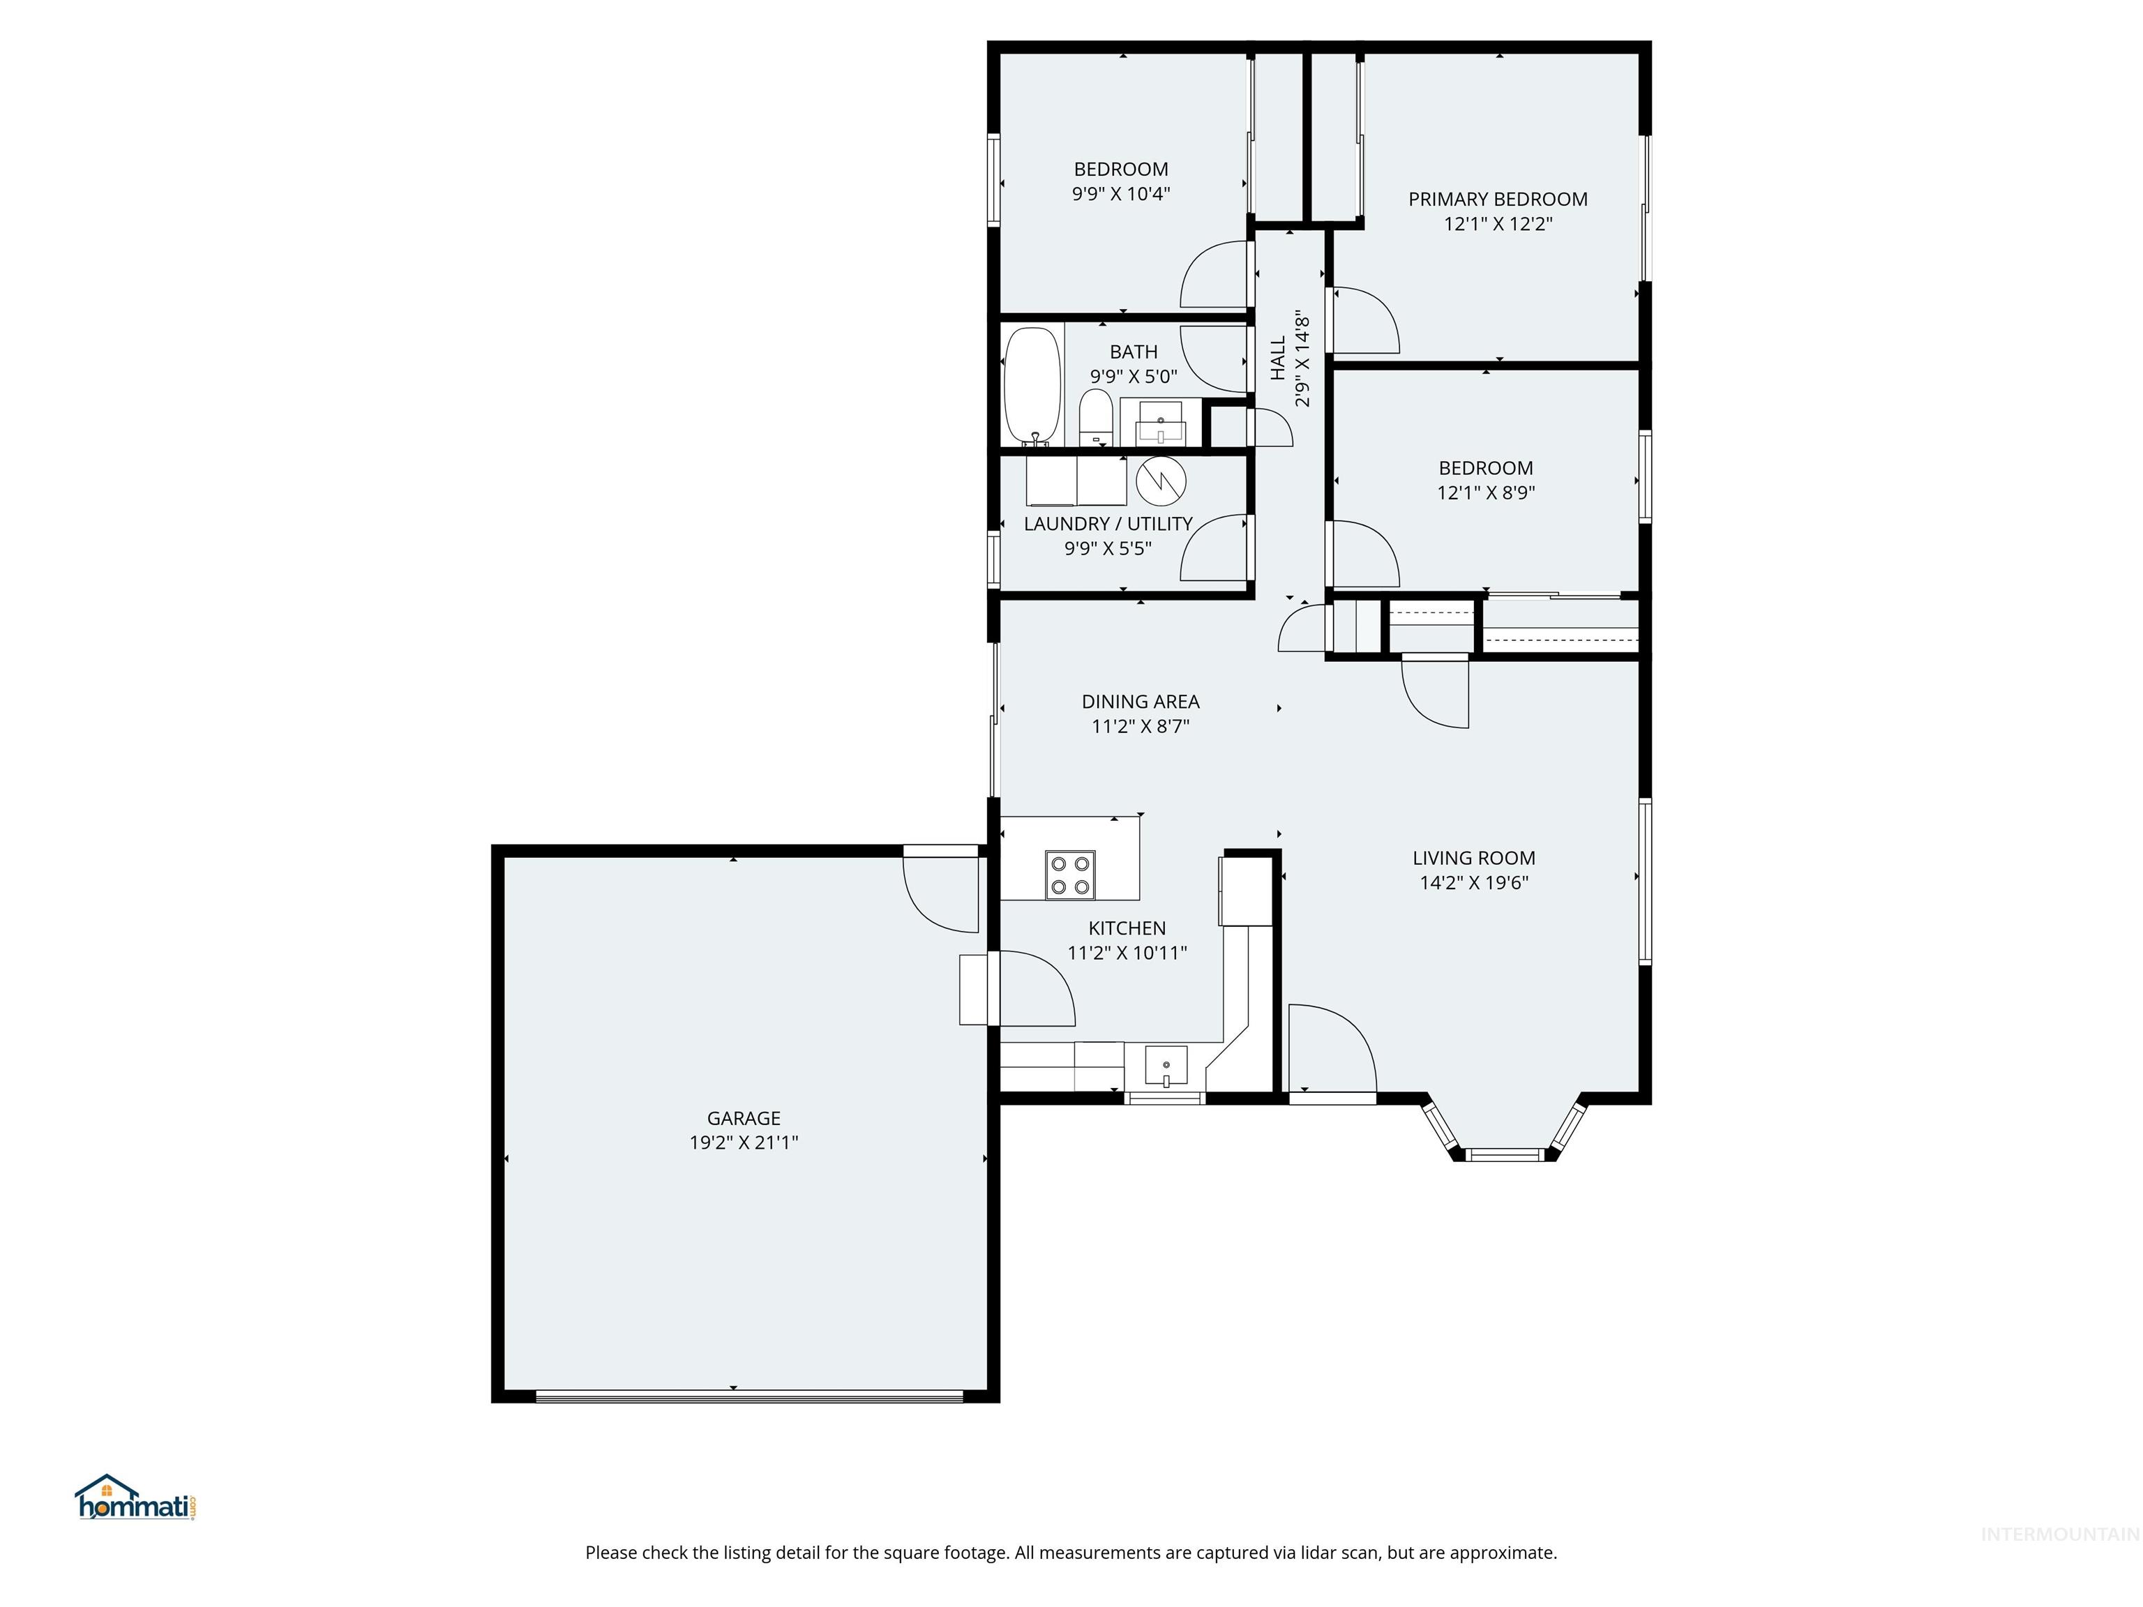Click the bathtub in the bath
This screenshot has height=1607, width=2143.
pyautogui.click(x=1032, y=386)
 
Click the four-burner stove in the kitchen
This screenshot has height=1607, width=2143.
pyautogui.click(x=1071, y=875)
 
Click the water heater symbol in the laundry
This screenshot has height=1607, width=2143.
pyautogui.click(x=1161, y=481)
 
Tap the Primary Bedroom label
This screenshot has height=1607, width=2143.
pyautogui.click(x=1498, y=199)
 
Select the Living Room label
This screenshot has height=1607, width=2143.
pyautogui.click(x=1473, y=858)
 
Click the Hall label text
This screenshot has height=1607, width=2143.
pyautogui.click(x=1278, y=359)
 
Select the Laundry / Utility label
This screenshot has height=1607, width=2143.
pyautogui.click(x=1107, y=524)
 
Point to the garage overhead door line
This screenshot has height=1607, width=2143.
pyautogui.click(x=749, y=1396)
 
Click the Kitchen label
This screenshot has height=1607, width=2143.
pyautogui.click(x=1127, y=928)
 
